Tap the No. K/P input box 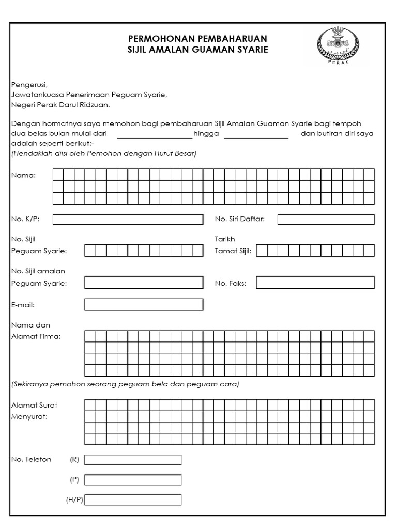point(128,220)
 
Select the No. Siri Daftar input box point(326,220)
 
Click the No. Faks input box point(315,283)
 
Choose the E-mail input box point(144,305)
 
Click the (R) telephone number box point(133,460)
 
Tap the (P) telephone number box point(133,480)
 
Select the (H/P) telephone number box point(133,500)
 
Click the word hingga point(206,134)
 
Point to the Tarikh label point(225,239)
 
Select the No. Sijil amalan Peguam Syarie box point(144,283)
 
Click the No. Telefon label point(31,459)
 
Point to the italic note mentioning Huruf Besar point(103,153)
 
